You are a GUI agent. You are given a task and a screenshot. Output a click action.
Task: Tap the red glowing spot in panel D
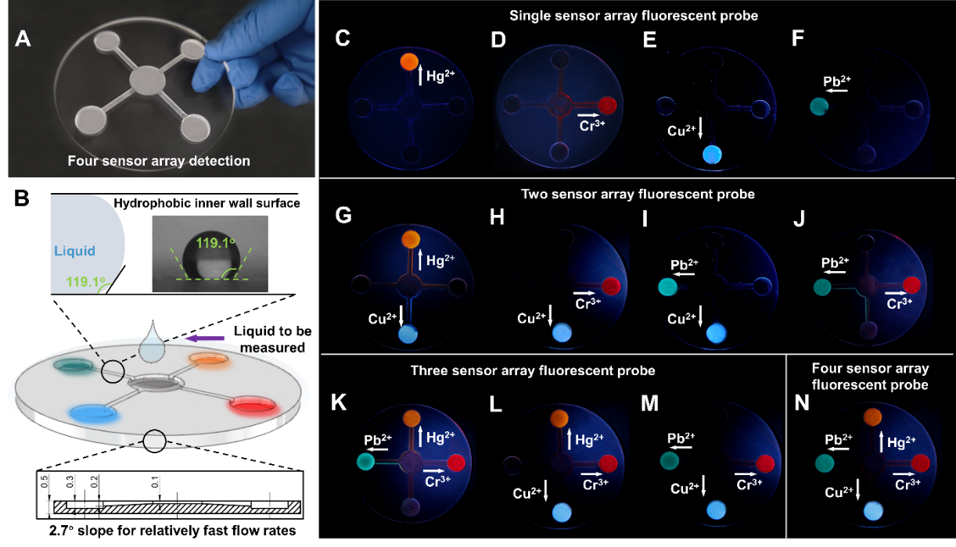pyautogui.click(x=608, y=105)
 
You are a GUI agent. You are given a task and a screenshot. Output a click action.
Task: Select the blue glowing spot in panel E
pyautogui.click(x=713, y=153)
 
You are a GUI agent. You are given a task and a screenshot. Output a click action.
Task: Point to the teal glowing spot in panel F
pyautogui.click(x=819, y=105)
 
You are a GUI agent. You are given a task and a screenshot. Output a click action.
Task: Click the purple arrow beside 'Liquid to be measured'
pyautogui.click(x=207, y=338)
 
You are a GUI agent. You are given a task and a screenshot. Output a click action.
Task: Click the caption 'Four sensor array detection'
pyautogui.click(x=159, y=161)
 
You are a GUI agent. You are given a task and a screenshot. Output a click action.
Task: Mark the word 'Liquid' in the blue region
pyautogui.click(x=76, y=252)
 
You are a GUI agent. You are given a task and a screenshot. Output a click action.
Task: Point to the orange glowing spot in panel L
pyautogui.click(x=559, y=418)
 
